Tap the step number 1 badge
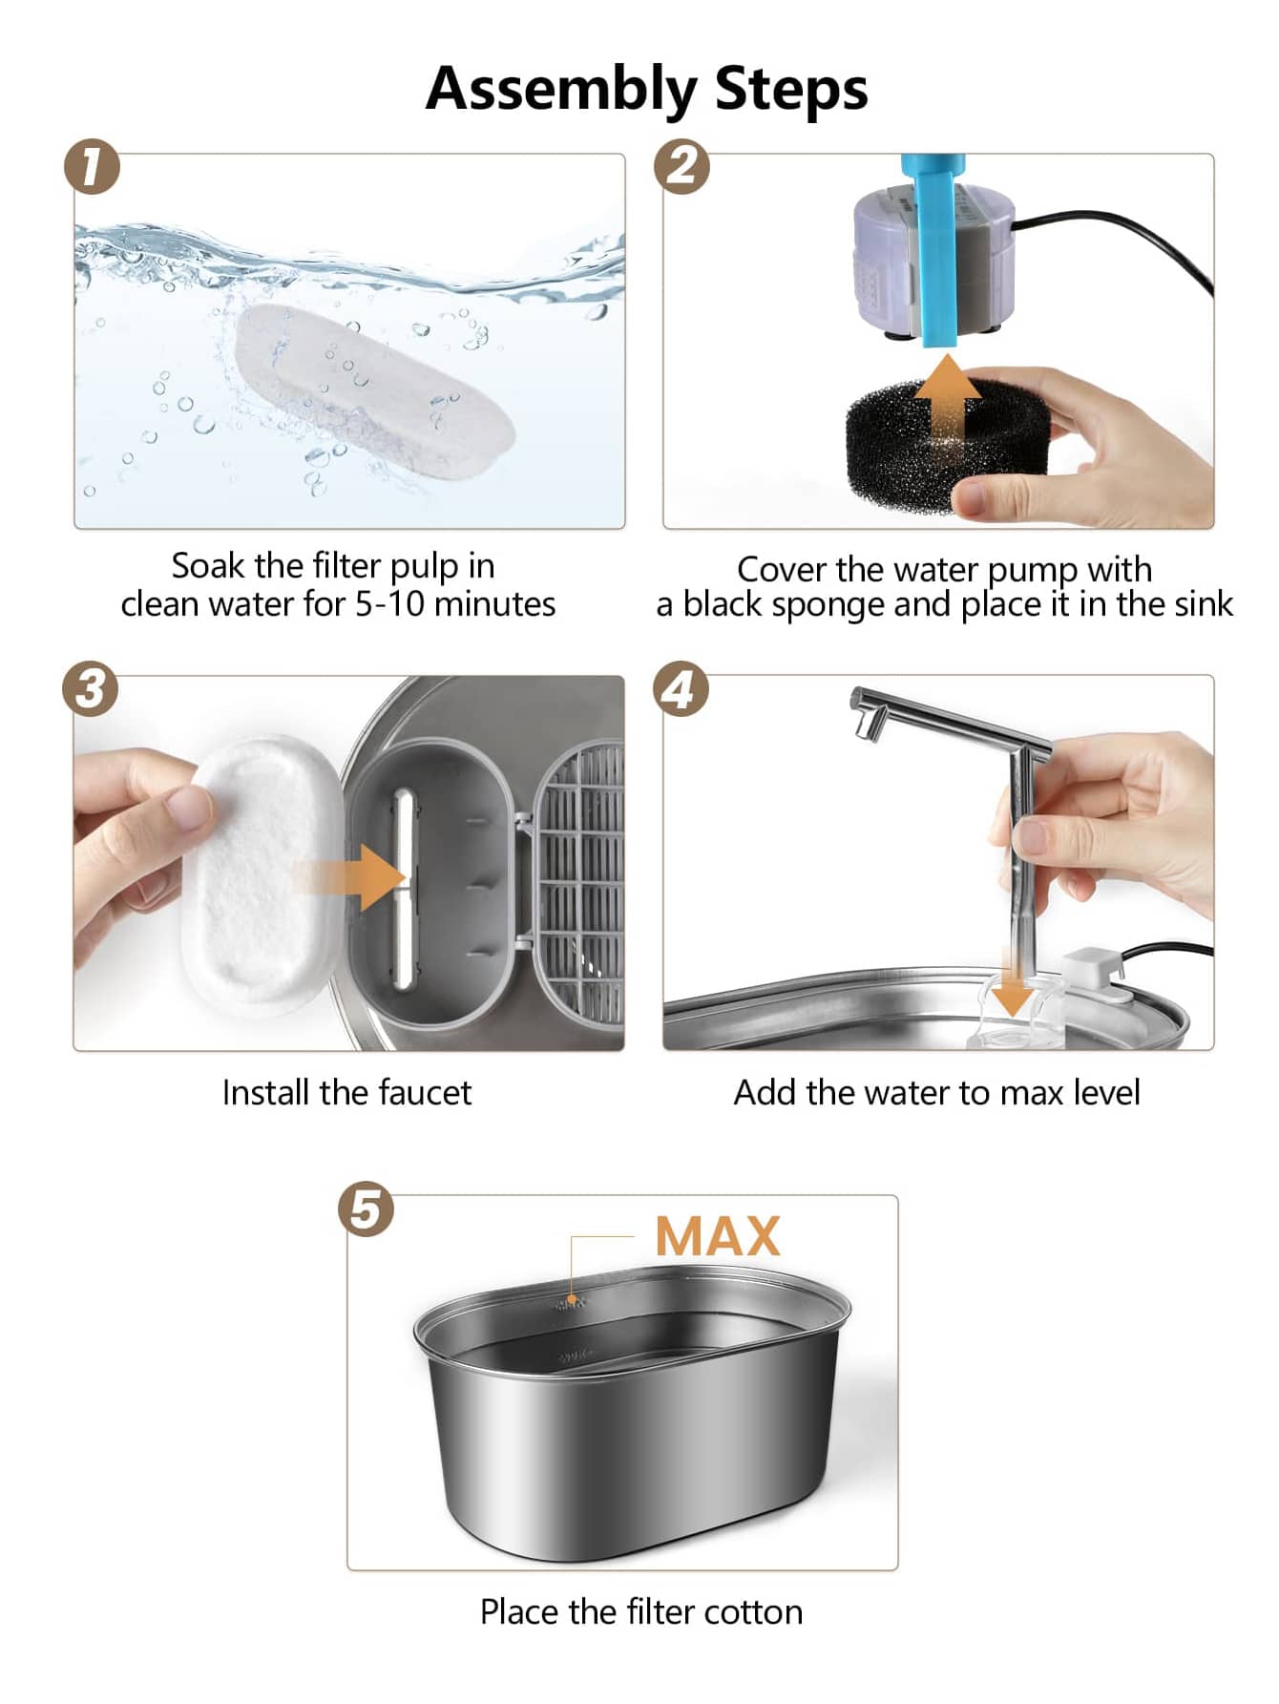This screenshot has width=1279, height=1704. coord(93,167)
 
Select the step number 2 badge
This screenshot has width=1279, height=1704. coord(681,167)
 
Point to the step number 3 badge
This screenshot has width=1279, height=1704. coord(91,688)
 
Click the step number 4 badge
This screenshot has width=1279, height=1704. coord(681,688)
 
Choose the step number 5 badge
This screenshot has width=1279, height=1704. coord(367,1209)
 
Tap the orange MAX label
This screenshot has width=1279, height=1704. coord(718,1236)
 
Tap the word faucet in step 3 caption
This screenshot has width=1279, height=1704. coord(425,1092)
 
